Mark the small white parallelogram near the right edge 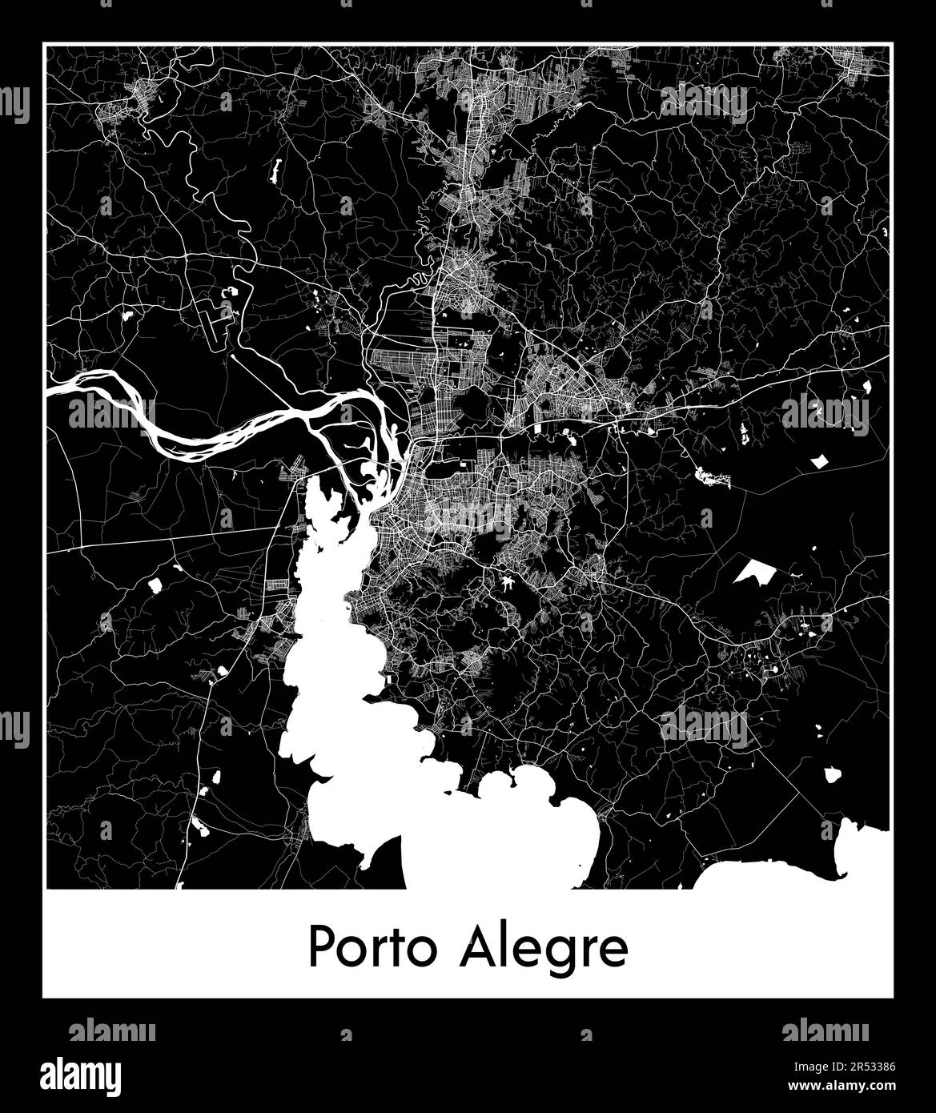coord(820,461)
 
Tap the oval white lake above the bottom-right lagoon coord(832,775)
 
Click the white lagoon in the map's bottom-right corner coord(801,869)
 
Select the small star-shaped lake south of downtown coord(508,583)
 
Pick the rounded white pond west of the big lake coord(154,585)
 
